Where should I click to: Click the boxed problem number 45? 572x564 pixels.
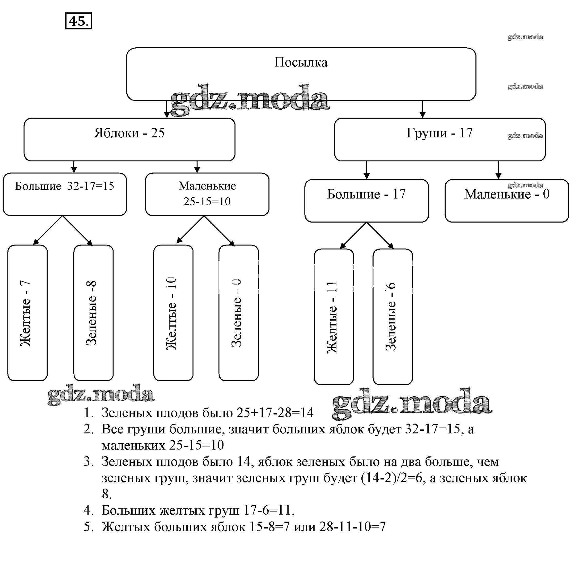point(78,21)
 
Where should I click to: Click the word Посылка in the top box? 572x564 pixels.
point(301,63)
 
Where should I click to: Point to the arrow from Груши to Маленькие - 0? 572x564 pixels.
point(498,170)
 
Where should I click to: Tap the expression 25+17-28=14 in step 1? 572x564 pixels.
point(275,412)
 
